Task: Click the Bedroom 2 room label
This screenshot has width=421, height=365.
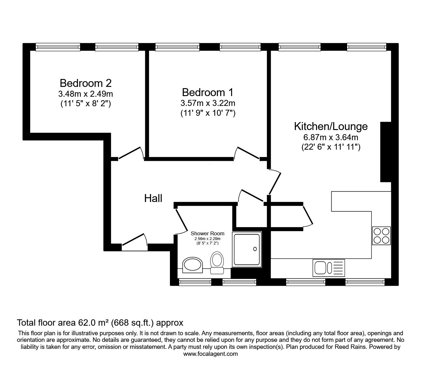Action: pyautogui.click(x=86, y=83)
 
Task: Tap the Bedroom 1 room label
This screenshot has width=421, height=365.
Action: pyautogui.click(x=208, y=92)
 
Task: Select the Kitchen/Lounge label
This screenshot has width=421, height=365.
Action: pyautogui.click(x=331, y=126)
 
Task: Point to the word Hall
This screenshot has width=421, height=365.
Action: pyautogui.click(x=153, y=198)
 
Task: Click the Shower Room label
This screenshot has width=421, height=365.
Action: pyautogui.click(x=207, y=234)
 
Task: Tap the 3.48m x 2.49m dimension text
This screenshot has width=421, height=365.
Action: pyautogui.click(x=86, y=94)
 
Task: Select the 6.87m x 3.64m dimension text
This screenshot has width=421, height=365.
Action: pyautogui.click(x=331, y=137)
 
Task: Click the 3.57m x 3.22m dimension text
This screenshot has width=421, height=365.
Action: pyautogui.click(x=208, y=103)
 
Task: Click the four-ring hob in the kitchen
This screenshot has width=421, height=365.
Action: pyautogui.click(x=381, y=236)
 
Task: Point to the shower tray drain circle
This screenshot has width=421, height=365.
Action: pyautogui.click(x=255, y=249)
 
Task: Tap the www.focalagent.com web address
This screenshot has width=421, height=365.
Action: pyautogui.click(x=210, y=354)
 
